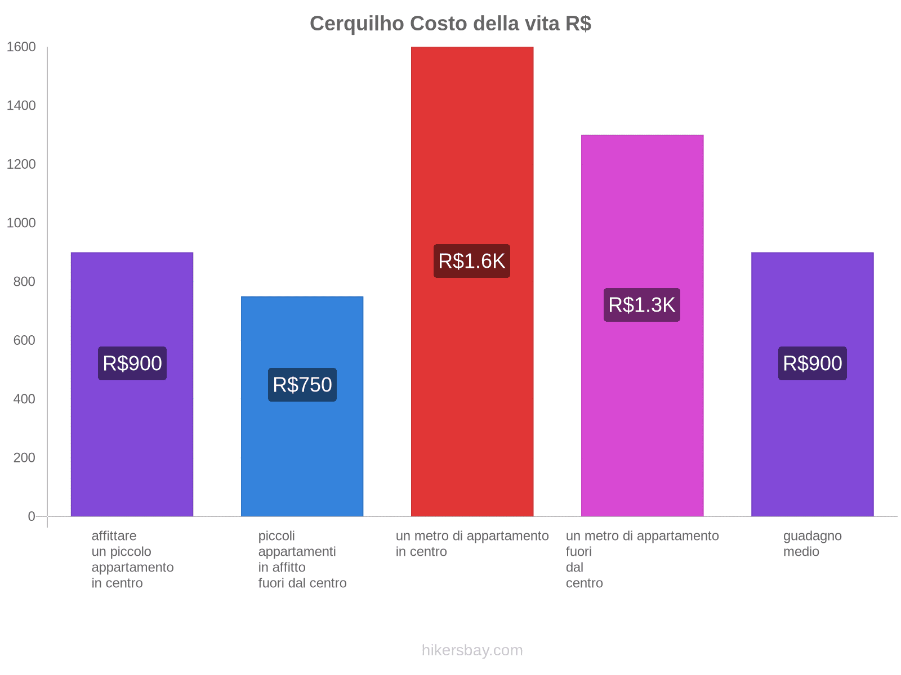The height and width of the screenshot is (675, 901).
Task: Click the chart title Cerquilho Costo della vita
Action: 450,24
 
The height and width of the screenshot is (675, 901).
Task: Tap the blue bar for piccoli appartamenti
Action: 302,450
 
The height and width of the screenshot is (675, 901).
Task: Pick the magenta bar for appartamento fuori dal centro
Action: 642,422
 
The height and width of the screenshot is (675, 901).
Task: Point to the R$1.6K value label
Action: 472,261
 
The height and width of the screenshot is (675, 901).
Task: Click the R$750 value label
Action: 302,385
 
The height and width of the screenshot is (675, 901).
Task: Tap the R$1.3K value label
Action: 642,305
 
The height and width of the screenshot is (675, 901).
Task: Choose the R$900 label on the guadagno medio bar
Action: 812,363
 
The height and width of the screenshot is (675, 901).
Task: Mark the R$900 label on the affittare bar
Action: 132,363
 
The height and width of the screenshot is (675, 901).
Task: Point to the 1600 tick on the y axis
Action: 21,47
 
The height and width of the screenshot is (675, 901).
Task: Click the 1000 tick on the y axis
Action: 21,223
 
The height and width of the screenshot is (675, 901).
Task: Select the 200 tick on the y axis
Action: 24,458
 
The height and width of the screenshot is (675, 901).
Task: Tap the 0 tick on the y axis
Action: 32,516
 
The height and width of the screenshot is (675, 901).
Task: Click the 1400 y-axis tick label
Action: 21,106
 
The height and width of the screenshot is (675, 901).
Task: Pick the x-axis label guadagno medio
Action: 812,543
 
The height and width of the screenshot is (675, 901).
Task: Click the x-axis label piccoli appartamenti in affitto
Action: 302,559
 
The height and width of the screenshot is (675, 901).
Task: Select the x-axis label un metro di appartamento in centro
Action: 472,543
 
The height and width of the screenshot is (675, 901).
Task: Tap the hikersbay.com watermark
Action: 472,650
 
